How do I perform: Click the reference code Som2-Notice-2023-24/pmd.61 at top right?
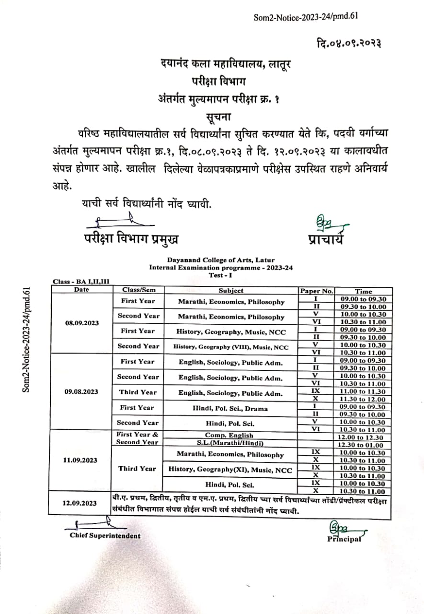(x=306, y=17)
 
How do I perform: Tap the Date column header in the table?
(x=81, y=290)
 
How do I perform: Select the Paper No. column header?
(x=316, y=291)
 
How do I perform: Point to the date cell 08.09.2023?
(x=81, y=323)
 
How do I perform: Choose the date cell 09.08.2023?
(x=81, y=391)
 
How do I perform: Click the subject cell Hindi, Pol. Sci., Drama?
(x=231, y=409)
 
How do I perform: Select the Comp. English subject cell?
(x=231, y=435)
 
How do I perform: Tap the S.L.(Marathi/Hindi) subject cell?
(x=231, y=442)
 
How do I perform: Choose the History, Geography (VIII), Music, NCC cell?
(x=231, y=347)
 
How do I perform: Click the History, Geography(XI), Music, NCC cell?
(x=231, y=470)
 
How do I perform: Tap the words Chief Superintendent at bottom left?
(x=105, y=535)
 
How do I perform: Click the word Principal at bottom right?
(x=344, y=539)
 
